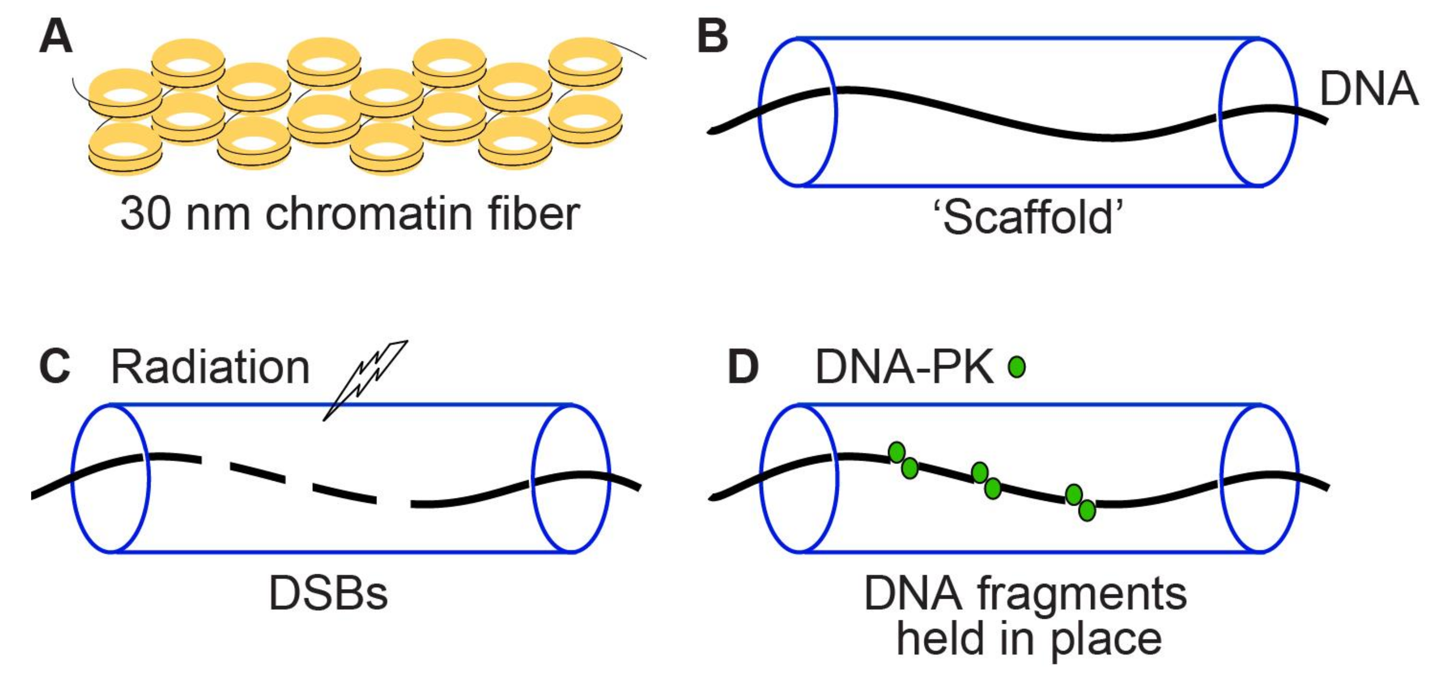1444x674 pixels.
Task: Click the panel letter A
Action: click(55, 37)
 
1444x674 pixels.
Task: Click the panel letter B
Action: click(712, 37)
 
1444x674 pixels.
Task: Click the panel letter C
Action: click(55, 367)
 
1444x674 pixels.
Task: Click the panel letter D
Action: click(743, 367)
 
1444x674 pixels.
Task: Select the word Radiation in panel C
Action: click(210, 367)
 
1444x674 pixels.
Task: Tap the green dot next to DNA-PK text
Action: click(1017, 367)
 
